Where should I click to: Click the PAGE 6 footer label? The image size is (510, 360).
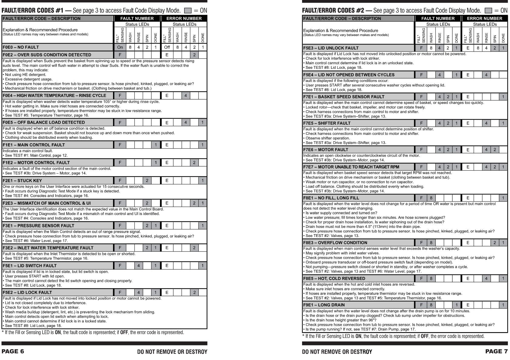(13, 352)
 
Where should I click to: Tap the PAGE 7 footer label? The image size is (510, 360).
(496, 352)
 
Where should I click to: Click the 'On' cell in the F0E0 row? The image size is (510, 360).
(120, 47)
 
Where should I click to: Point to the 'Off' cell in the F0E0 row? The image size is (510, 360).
(167, 47)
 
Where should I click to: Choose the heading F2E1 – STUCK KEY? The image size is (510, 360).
(22, 181)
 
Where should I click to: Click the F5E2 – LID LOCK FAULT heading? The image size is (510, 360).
(27, 292)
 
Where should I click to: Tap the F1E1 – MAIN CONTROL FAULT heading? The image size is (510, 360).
(34, 145)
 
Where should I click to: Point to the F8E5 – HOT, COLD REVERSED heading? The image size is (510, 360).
(334, 278)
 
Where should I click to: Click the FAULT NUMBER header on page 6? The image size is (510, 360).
(137, 18)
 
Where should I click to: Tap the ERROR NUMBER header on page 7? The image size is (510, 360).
(485, 18)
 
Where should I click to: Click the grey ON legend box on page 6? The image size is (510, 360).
(188, 11)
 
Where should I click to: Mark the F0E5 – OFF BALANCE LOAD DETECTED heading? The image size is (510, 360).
(44, 122)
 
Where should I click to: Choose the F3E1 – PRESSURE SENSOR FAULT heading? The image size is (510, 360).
(38, 226)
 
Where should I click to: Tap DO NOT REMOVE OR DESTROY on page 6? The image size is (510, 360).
(172, 352)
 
